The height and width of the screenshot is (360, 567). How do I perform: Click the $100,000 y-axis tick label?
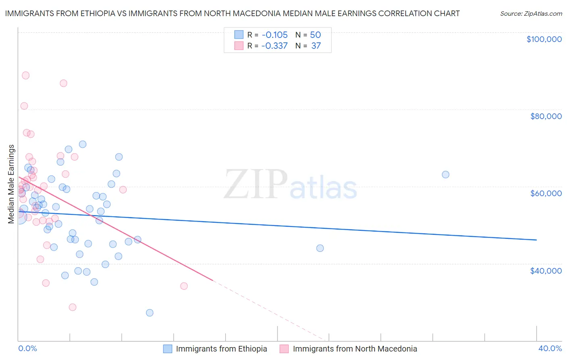(544, 39)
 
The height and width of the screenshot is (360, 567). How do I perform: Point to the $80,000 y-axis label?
(546, 116)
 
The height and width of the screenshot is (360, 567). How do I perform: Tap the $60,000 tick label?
(546, 193)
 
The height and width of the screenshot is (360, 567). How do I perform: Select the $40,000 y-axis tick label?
(546, 270)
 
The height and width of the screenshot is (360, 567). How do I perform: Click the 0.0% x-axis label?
(27, 348)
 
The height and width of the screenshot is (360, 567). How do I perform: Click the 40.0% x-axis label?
(550, 348)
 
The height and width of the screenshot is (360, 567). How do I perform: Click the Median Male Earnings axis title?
(11, 184)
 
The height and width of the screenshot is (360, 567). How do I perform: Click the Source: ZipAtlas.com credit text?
(531, 13)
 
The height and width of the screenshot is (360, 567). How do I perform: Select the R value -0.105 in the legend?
(274, 35)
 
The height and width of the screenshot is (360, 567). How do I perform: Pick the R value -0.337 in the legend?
(274, 46)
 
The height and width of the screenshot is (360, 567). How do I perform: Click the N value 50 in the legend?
(315, 35)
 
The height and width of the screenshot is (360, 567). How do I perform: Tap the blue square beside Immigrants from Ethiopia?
(168, 349)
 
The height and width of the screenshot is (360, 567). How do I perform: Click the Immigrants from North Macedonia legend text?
(355, 349)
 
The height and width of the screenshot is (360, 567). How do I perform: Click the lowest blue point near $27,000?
(150, 313)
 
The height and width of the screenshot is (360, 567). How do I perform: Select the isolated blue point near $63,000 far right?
(446, 175)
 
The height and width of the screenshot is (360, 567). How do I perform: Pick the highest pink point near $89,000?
(26, 75)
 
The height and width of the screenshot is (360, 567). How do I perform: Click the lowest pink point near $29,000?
(73, 307)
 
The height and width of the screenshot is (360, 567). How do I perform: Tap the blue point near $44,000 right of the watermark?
(320, 248)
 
